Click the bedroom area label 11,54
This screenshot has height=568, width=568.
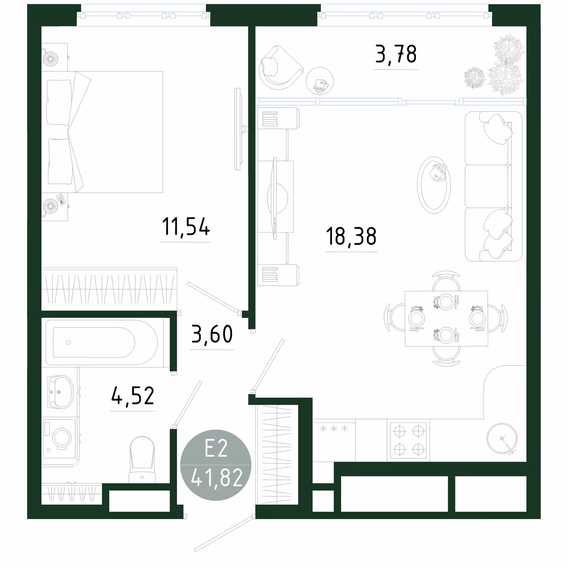pyautogui.click(x=186, y=227)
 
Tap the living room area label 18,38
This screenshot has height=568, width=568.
pyautogui.click(x=351, y=236)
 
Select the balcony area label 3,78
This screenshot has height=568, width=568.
pyautogui.click(x=396, y=55)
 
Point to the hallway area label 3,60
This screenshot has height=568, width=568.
pyautogui.click(x=212, y=334)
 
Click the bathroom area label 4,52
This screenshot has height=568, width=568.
pyautogui.click(x=133, y=396)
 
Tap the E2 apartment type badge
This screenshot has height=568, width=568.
pyautogui.click(x=216, y=465)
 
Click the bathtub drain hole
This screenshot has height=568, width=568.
pyautogui.click(x=68, y=343)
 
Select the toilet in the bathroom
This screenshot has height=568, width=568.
pyautogui.click(x=142, y=460)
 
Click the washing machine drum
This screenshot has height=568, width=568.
pyautogui.click(x=62, y=438)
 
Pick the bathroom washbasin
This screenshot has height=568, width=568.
pyautogui.click(x=61, y=392)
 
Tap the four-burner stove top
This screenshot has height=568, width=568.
pyautogui.click(x=408, y=440)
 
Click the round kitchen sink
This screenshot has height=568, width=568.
pyautogui.click(x=502, y=438)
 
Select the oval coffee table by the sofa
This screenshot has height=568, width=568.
pyautogui.click(x=434, y=185)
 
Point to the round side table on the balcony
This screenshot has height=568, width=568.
pyautogui.click(x=320, y=81)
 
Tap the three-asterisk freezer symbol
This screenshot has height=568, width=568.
pyautogui.click(x=334, y=429)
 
